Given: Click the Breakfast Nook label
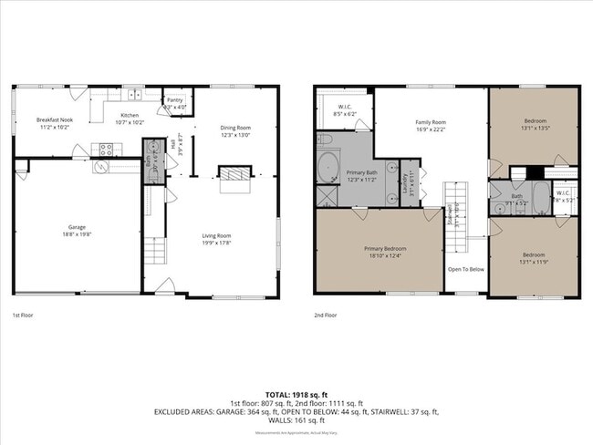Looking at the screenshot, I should [53, 119].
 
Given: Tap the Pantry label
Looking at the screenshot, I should [173, 101].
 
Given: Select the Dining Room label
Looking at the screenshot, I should [234, 128].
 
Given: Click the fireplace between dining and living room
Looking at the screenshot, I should [234, 174].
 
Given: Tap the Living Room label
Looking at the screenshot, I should [216, 235].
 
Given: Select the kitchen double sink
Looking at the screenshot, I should [135, 94].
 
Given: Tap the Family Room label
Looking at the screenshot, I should [431, 122].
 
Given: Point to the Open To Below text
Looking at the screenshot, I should [464, 269].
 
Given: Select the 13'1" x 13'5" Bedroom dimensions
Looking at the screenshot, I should [536, 128].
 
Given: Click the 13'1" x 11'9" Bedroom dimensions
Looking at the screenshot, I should [536, 259].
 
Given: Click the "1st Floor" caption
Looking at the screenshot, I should [24, 315].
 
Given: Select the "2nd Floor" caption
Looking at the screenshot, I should [326, 315].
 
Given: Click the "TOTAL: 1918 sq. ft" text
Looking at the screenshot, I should [296, 395].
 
